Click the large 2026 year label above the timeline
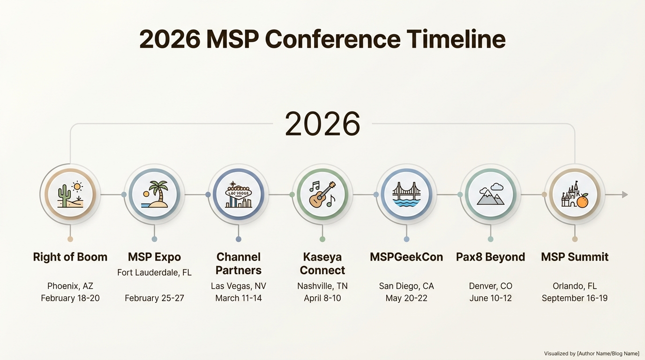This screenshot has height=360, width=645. click(322, 124)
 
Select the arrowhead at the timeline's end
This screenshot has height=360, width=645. click(624, 195)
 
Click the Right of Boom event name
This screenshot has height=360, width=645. click(70, 257)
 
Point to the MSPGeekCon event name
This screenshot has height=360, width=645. click(406, 257)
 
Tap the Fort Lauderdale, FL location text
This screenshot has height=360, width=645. click(154, 272)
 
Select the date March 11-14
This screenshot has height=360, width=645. click(239, 298)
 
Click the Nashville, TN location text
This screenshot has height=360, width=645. click(322, 286)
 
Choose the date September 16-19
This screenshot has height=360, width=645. click(575, 298)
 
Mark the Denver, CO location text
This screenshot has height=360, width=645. click(490, 286)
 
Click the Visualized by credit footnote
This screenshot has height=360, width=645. click(592, 353)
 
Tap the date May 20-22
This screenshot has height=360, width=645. click(406, 298)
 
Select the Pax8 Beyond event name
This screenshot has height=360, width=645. click(490, 257)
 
